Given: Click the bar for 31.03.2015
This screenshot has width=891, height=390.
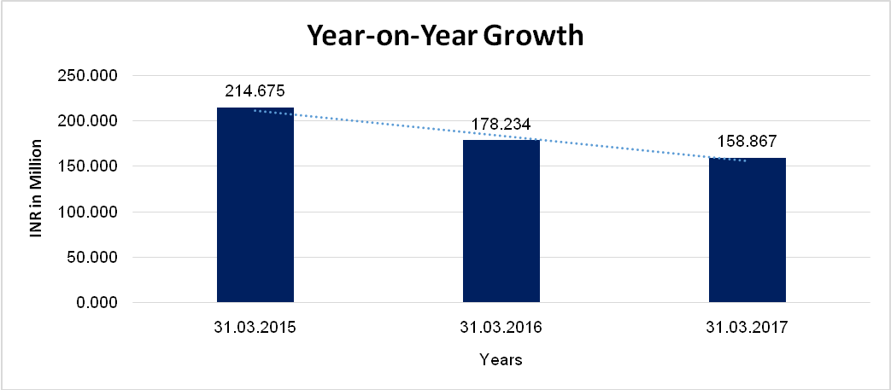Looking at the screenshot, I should click(255, 205).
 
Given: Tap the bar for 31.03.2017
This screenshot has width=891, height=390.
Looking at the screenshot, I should click(747, 230).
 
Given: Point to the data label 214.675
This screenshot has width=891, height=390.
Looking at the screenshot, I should click(255, 90).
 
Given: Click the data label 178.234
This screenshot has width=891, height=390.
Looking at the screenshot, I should click(501, 125).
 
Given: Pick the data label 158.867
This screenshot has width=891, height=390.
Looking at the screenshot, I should click(747, 142).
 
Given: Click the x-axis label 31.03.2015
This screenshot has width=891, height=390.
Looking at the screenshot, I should click(255, 328).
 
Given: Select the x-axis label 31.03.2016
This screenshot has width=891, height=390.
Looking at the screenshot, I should click(501, 328).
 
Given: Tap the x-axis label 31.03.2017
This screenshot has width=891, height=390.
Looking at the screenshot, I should click(747, 328).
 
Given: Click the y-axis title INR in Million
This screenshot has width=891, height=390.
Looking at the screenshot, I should click(37, 188).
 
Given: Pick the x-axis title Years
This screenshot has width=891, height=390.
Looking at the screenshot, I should click(501, 360).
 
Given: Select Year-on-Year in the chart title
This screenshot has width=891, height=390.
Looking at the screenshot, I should click(390, 37).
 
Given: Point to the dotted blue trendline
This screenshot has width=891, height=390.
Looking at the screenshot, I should click(384, 126).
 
